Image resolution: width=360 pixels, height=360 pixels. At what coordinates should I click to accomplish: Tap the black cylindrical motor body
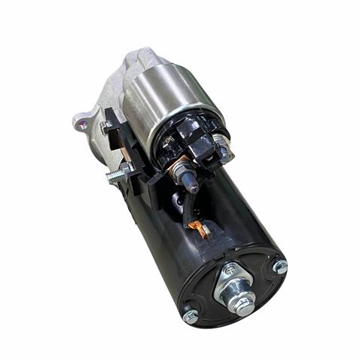pos(226,211)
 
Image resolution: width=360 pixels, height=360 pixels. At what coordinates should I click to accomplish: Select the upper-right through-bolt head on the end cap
pos(279,266)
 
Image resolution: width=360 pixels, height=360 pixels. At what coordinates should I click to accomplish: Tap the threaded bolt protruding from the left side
pos(116,175)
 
